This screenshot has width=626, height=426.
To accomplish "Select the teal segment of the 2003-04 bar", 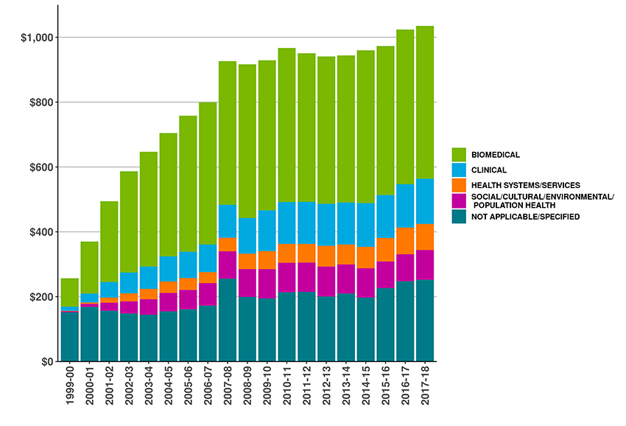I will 149,338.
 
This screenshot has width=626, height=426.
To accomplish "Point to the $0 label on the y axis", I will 44,362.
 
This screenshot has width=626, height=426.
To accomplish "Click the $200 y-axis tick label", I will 38,297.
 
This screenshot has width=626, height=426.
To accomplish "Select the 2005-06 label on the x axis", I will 189,390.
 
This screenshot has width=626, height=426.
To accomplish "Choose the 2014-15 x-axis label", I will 366,390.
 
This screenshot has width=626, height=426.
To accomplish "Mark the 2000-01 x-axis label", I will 90,390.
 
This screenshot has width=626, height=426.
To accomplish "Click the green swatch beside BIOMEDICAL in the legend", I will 459,154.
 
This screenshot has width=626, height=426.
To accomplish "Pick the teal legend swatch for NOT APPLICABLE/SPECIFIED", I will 459,216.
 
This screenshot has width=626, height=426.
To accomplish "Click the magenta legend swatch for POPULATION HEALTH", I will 459,200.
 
